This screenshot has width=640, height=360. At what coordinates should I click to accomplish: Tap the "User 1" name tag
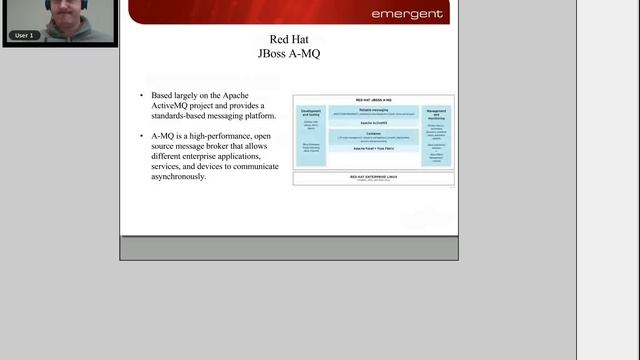tap(25, 35)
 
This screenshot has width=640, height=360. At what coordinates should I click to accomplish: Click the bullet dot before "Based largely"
tap(142, 95)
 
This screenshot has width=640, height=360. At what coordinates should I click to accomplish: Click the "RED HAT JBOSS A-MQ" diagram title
tap(373, 101)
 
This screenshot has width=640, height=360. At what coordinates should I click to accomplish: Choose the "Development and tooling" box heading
tap(310, 113)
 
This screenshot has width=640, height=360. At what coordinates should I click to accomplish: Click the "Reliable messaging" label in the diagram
tap(373, 109)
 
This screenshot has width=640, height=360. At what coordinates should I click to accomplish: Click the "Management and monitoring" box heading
tap(436, 113)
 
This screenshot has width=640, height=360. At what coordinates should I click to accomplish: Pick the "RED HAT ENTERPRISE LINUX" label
tap(373, 176)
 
